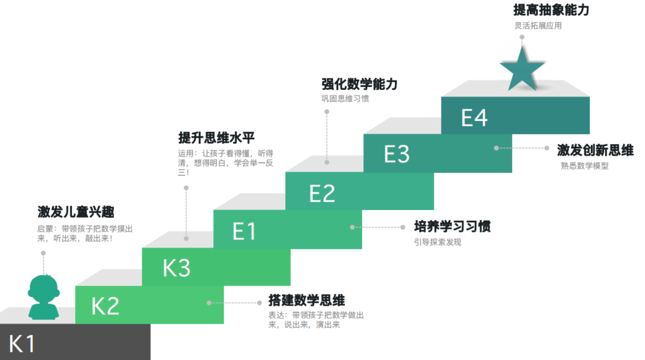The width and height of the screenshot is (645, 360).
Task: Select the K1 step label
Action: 23,345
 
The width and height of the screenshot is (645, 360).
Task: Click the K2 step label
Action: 105,306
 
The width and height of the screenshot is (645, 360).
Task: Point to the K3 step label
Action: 177,268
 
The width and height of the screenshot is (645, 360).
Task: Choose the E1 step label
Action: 244,231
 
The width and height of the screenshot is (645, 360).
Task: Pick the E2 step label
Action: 322,193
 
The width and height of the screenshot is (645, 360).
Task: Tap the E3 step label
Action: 397,154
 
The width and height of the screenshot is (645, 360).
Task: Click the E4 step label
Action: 475,117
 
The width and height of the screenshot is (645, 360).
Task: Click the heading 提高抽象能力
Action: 551,11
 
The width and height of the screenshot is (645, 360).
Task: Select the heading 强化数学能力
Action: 359,84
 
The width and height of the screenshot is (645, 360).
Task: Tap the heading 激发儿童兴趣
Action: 76,212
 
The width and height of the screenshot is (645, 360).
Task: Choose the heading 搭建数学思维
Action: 307,300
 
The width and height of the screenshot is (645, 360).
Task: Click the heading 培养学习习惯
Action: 453,226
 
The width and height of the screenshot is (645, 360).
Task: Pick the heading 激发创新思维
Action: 595,150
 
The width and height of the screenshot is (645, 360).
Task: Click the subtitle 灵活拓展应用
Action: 538,26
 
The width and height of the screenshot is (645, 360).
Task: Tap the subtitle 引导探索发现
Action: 438,242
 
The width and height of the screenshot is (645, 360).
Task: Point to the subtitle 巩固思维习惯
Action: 345,98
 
